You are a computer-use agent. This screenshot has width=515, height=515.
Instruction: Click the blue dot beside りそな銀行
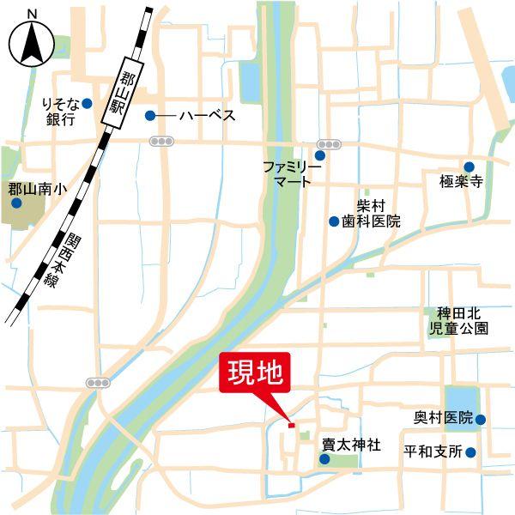tap(87, 104)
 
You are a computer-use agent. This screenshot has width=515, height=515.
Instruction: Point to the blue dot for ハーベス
tap(150, 115)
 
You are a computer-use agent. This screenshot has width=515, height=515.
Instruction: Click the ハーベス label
tap(206, 115)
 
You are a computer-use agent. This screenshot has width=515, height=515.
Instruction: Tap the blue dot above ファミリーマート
tap(320, 155)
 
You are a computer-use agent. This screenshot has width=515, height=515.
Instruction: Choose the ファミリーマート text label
tap(292, 174)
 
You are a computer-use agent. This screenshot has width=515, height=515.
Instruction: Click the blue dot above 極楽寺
tap(470, 167)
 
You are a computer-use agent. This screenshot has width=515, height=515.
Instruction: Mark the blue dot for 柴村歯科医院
tap(334, 221)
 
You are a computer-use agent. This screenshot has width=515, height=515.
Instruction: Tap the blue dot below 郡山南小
tap(16, 203)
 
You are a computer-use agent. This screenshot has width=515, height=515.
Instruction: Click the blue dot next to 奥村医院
tap(481, 420)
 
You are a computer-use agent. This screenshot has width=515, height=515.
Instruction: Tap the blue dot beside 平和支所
tap(470, 451)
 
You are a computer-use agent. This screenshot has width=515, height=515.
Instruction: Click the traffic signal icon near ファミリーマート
tap(327, 143)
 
